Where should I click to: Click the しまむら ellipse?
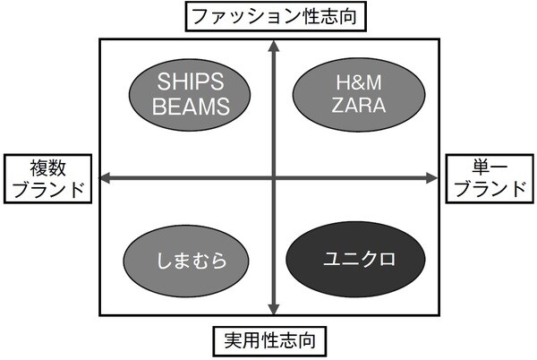[179, 261]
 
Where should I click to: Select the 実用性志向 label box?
[271, 341]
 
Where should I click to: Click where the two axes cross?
[272, 179]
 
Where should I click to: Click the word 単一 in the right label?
[491, 167]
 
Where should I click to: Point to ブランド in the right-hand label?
[491, 190]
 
